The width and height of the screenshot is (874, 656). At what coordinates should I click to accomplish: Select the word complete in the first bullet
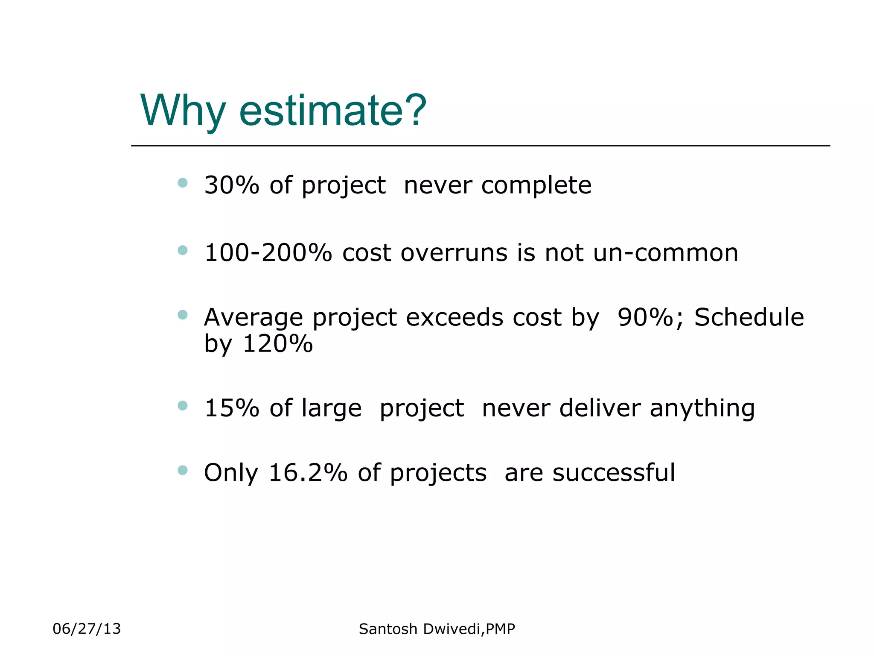(x=536, y=186)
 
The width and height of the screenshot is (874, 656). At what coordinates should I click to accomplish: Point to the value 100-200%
(x=268, y=252)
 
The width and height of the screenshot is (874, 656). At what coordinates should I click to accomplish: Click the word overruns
(x=454, y=252)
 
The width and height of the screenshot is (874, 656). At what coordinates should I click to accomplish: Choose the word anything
(x=702, y=409)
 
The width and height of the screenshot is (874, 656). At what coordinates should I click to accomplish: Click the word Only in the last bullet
(x=231, y=473)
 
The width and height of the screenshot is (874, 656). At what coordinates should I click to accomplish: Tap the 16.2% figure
(x=308, y=473)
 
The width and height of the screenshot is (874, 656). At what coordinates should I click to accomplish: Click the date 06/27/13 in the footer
(x=87, y=629)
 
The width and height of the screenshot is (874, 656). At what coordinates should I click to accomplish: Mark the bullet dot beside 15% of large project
(x=183, y=405)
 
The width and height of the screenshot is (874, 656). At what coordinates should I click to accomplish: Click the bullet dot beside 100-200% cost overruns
(x=183, y=250)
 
